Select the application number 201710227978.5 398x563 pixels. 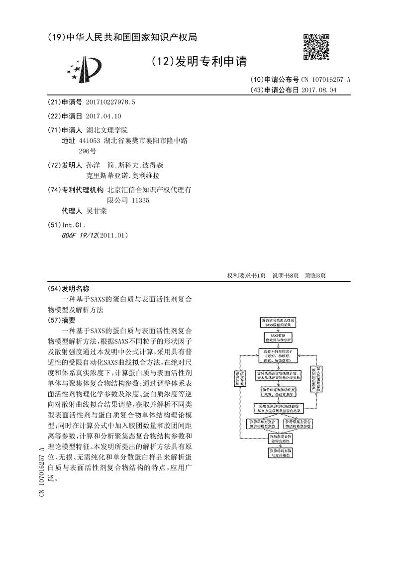110,102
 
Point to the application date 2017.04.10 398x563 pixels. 103,116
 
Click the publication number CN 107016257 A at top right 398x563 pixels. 325,80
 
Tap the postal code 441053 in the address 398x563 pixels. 90,141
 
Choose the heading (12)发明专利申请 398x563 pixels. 198,61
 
